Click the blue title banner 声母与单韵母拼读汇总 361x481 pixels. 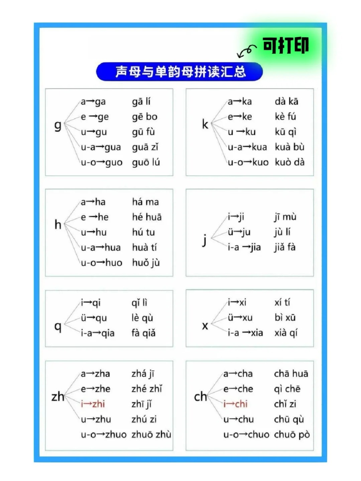point(179,72)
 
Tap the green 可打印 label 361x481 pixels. point(285,46)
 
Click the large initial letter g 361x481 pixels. point(58,125)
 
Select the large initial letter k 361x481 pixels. point(205,124)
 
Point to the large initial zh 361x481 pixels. point(58,396)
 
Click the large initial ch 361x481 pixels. point(201,396)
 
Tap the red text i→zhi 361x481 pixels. point(93,404)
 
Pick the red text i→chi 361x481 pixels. point(236,404)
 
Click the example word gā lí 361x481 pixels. point(141,101)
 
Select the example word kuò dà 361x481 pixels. point(289,162)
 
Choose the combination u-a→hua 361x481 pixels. point(101,247)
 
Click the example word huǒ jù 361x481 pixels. point(146,263)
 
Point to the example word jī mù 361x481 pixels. point(285,217)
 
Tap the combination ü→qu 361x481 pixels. point(94,318)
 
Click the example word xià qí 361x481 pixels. point(286,333)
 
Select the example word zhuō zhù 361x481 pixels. point(151,435)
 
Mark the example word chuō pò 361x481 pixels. point(292,435)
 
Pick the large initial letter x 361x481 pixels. point(205,325)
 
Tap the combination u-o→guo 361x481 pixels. point(102,162)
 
